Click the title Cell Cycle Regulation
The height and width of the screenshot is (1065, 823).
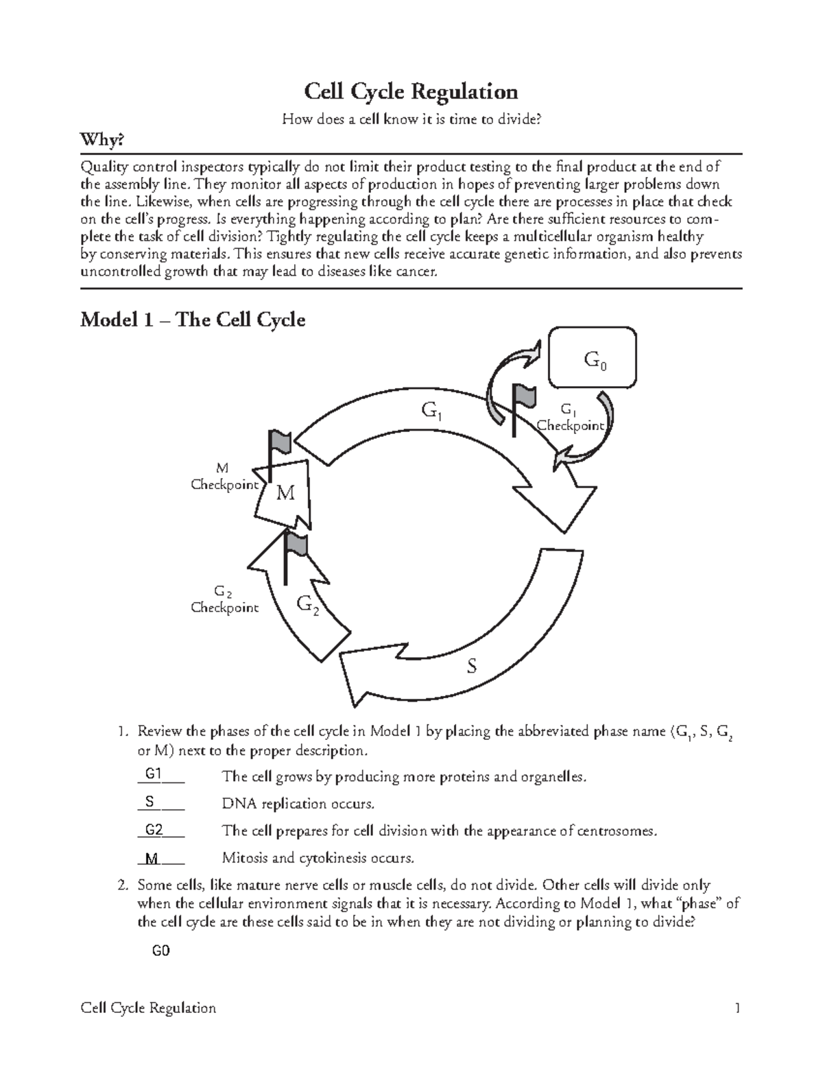click(x=411, y=91)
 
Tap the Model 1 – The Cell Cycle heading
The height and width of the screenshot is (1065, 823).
click(x=193, y=320)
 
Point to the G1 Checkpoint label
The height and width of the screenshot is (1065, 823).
click(x=569, y=418)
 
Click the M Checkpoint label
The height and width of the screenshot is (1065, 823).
click(x=224, y=477)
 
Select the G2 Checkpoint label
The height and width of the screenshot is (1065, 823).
click(x=224, y=599)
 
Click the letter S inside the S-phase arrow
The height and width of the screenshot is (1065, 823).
click(x=471, y=666)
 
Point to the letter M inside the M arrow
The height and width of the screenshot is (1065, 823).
click(x=285, y=493)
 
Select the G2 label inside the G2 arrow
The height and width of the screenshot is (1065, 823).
click(x=308, y=604)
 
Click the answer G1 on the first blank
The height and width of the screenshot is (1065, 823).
click(x=154, y=774)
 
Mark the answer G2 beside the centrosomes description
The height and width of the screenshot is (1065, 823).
click(x=154, y=830)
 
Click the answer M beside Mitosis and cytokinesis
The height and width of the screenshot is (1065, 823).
click(x=152, y=858)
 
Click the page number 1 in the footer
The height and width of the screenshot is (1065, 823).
click(x=737, y=1008)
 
